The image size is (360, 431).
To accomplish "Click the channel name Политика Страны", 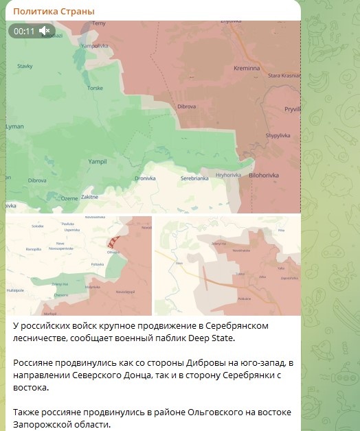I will tap(54, 12).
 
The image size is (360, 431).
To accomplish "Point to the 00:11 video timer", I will tap(24, 31).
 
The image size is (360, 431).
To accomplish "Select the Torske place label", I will tap(95, 89).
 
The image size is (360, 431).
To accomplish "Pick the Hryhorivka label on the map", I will tap(228, 175).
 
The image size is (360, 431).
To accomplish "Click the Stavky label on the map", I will tap(25, 66).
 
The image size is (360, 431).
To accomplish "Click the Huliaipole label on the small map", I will tap(15, 290).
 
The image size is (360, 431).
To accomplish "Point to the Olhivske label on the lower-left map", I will tap(113, 252).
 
